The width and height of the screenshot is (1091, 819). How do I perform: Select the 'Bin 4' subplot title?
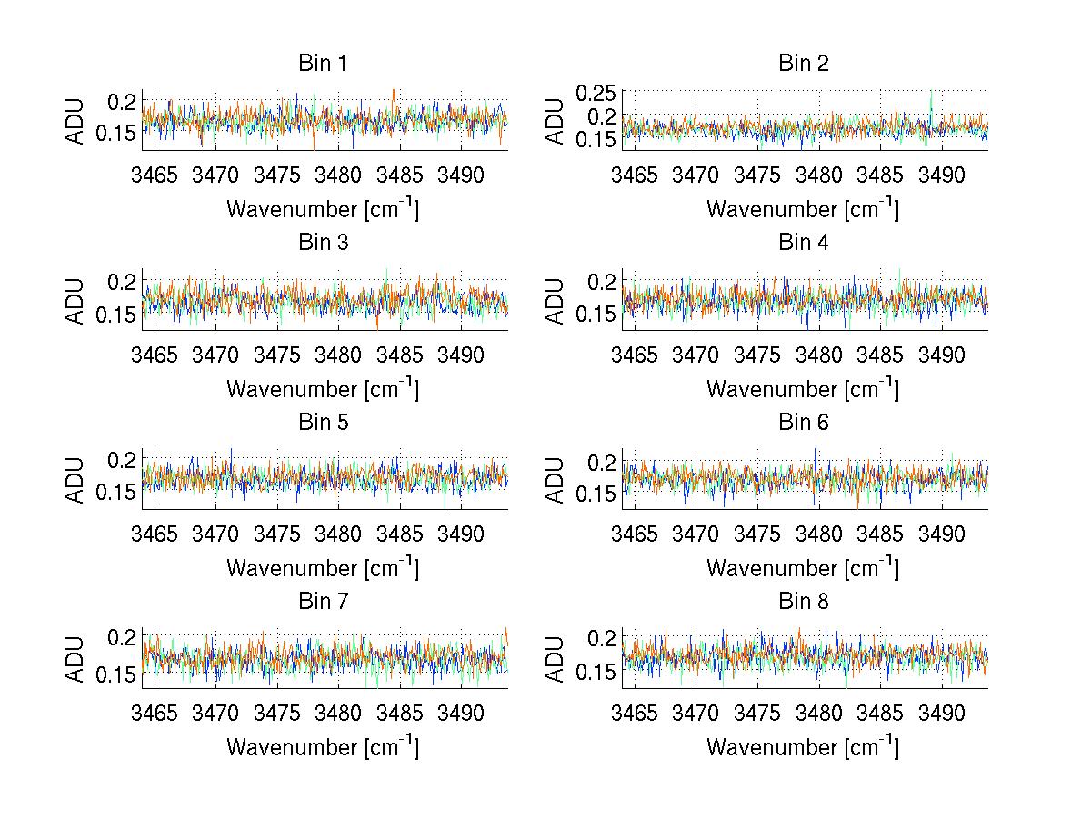click(804, 243)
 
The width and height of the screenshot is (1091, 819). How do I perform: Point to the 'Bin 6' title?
click(804, 423)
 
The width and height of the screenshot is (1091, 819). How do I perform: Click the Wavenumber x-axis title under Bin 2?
click(803, 209)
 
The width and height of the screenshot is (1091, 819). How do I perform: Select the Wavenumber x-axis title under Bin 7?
click(323, 747)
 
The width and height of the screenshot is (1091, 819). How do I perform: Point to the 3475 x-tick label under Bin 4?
click(757, 354)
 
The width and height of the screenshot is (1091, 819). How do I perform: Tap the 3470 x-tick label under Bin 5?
click(216, 534)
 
